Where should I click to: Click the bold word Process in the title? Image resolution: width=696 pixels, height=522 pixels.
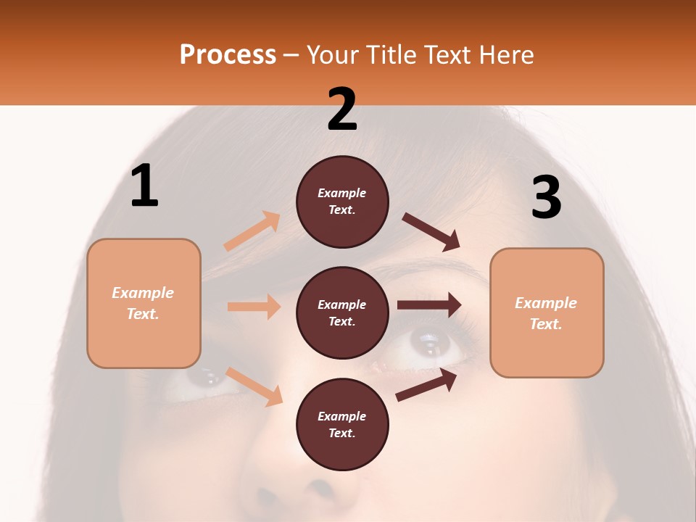(x=228, y=54)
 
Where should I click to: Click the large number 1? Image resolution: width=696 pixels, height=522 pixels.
(x=144, y=186)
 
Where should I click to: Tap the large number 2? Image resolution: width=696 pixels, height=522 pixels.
(x=342, y=109)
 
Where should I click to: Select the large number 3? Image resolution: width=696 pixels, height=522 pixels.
(x=546, y=197)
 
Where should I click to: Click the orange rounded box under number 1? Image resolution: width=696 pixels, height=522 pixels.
(x=144, y=303)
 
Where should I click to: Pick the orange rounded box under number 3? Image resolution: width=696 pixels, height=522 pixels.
(x=547, y=312)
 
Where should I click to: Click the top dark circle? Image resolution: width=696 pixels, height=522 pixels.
(x=342, y=202)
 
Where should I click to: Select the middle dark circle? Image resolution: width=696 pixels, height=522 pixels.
(x=342, y=312)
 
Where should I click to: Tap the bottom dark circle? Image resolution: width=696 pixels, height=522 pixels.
(x=342, y=424)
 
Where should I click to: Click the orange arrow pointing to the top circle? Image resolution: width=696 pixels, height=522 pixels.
(x=252, y=231)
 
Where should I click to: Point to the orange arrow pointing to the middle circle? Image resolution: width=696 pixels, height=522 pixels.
(x=254, y=307)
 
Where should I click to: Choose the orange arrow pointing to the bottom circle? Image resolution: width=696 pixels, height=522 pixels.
(x=254, y=386)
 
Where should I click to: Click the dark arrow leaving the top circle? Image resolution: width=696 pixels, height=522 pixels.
(x=431, y=232)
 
